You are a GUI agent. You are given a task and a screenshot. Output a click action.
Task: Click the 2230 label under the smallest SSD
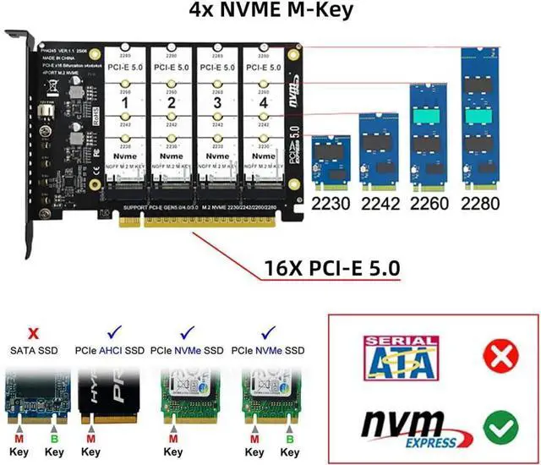(x=331, y=203)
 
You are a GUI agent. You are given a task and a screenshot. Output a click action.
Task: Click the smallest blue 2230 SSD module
(x=331, y=163)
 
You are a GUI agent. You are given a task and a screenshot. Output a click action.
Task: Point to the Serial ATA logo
(x=400, y=357)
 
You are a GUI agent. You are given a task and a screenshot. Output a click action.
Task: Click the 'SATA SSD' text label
(x=34, y=350)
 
